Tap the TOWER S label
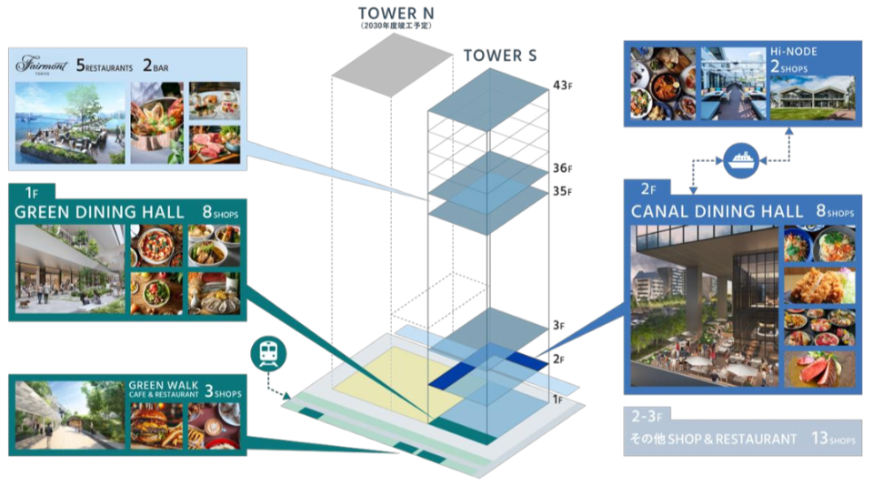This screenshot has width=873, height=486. [x=499, y=56]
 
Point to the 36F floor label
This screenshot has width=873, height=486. [x=563, y=168]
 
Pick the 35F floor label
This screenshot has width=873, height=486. [x=563, y=191]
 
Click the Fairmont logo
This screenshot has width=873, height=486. [x=41, y=66]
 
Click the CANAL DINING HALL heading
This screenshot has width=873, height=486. [x=706, y=211]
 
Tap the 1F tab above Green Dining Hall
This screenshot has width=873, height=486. [x=32, y=192]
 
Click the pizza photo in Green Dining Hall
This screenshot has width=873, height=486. [x=156, y=245]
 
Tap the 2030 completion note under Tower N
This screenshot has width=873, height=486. [x=395, y=25]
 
